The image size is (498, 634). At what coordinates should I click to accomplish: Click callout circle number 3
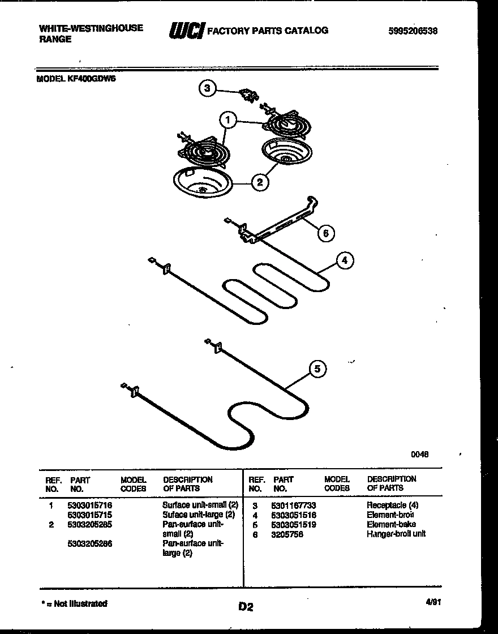[208, 88]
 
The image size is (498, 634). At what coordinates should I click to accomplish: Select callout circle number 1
[227, 120]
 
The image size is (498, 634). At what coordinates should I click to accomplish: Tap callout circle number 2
[259, 182]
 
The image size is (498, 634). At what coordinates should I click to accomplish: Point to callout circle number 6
[325, 233]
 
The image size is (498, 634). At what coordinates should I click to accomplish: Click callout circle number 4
[345, 260]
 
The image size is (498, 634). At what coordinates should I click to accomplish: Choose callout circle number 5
[317, 369]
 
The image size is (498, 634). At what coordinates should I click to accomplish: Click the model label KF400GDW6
[76, 80]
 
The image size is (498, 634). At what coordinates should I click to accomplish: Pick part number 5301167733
[293, 505]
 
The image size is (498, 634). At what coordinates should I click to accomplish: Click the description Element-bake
[391, 524]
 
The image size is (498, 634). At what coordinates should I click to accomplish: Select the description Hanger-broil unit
[396, 534]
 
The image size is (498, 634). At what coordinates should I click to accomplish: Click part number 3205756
[287, 534]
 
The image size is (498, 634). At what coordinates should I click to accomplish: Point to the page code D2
[245, 607]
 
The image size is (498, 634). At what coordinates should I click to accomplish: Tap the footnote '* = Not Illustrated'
[75, 603]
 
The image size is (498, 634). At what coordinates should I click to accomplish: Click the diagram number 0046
[419, 453]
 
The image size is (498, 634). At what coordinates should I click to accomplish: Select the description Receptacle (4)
[393, 505]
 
